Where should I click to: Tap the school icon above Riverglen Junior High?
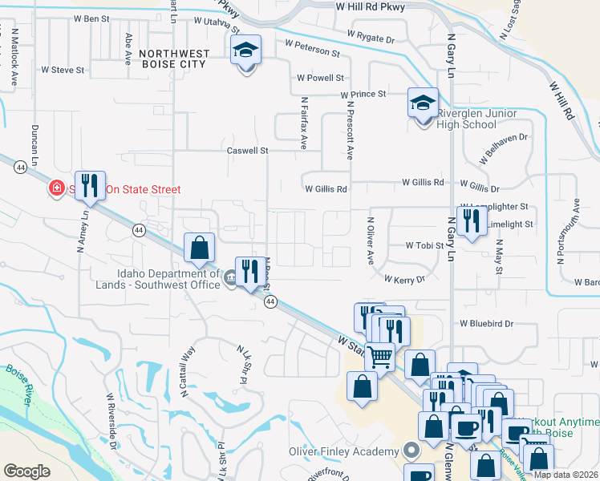(423, 103)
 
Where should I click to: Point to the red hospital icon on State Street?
(56, 189)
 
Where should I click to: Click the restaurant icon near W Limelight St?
(472, 221)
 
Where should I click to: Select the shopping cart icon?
(379, 356)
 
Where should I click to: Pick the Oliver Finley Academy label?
(344, 451)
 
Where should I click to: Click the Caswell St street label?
(246, 150)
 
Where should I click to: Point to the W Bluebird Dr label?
(486, 323)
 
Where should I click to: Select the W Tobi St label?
(424, 245)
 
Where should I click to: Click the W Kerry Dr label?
(404, 280)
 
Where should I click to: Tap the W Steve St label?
(63, 70)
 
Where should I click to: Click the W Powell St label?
(320, 78)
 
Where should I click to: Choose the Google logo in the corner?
(26, 471)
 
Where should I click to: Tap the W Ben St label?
(91, 18)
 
